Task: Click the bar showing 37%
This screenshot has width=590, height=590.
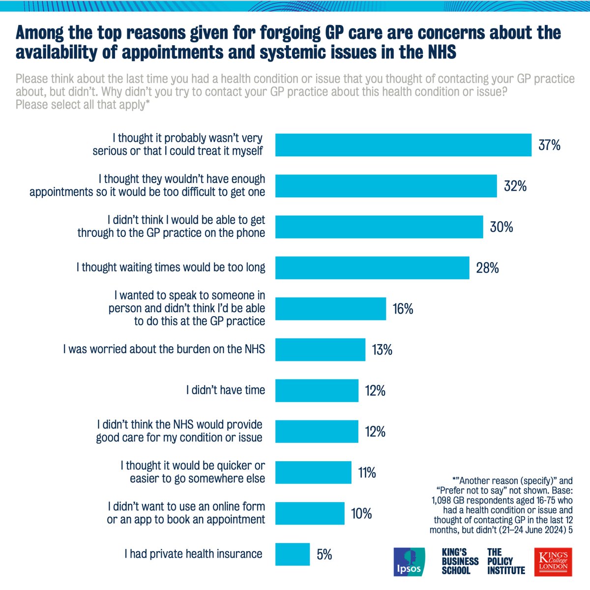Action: (403, 145)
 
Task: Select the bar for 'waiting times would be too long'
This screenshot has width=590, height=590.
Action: (372, 267)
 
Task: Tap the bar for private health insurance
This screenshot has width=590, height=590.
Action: (293, 554)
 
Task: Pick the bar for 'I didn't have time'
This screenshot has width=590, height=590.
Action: (317, 390)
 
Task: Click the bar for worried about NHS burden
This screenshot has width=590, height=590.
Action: (320, 350)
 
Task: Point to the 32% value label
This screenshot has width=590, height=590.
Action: (515, 186)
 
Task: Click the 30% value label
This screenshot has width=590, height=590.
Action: (501, 227)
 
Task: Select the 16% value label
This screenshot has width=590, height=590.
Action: (403, 309)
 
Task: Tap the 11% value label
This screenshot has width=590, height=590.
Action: (367, 472)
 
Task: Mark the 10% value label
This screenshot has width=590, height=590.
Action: (361, 514)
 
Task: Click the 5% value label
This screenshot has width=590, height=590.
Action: (324, 555)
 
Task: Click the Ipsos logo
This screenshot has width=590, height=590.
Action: (409, 561)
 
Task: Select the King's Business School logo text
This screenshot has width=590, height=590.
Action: (460, 561)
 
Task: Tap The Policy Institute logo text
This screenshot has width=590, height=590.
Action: (506, 561)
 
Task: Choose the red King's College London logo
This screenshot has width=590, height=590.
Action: (553, 561)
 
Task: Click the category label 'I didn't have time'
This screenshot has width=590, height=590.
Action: (225, 390)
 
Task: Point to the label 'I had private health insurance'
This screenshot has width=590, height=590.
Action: (193, 554)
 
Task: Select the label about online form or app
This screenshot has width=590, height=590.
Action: (186, 513)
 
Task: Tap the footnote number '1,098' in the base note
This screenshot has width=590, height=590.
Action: (444, 500)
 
